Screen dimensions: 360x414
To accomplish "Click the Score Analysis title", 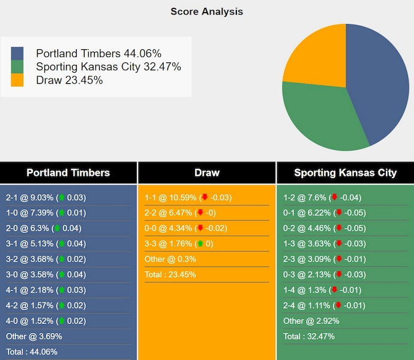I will pyautogui.click(x=206, y=11).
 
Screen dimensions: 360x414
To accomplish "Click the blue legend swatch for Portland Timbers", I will pyautogui.click(x=17, y=54).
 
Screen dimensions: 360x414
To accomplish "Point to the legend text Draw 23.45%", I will pyautogui.click(x=69, y=80).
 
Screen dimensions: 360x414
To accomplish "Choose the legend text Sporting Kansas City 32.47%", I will pyautogui.click(x=108, y=67).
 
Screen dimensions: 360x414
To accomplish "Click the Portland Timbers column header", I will pyautogui.click(x=68, y=173).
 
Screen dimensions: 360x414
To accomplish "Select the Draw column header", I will pyautogui.click(x=207, y=173).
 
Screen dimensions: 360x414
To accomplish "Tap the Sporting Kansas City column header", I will pyautogui.click(x=345, y=173).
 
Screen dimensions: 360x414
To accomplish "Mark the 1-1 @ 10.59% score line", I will pyautogui.click(x=188, y=197).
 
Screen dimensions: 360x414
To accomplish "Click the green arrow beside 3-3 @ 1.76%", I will pyautogui.click(x=200, y=244).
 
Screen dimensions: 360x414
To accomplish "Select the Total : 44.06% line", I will pyautogui.click(x=32, y=352).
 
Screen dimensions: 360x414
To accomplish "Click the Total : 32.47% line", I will pyautogui.click(x=309, y=336).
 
